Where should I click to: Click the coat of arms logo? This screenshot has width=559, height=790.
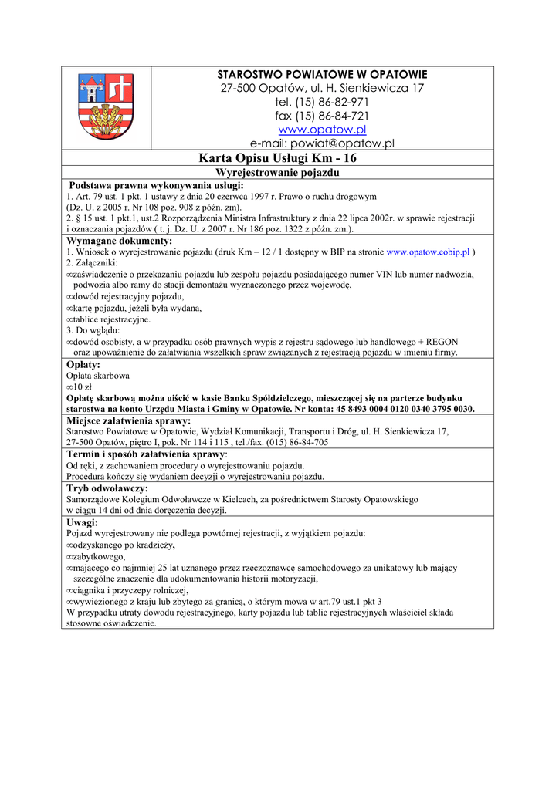tap(106, 106)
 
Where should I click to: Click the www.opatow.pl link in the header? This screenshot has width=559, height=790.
tap(322, 130)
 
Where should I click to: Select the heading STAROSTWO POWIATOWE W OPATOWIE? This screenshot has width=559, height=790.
tap(322, 74)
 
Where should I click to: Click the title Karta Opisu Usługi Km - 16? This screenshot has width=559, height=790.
tap(278, 158)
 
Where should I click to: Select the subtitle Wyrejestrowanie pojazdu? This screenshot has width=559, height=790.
tap(277, 172)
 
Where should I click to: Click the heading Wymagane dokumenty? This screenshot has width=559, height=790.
tap(120, 241)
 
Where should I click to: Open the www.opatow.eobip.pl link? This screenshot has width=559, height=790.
tap(428, 252)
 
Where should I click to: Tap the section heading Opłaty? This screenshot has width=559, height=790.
tap(83, 364)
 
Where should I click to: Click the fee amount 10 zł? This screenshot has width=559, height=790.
tap(82, 387)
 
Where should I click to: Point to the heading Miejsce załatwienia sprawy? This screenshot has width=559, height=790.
tap(128, 420)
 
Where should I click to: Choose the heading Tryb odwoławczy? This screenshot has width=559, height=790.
tap(107, 488)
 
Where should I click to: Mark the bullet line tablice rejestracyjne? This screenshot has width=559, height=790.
tap(112, 319)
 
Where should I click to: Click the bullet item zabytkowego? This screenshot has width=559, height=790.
tap(98, 556)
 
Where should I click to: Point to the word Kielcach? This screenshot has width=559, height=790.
tap(266, 500)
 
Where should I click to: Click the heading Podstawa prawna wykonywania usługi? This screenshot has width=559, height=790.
tap(156, 186)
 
